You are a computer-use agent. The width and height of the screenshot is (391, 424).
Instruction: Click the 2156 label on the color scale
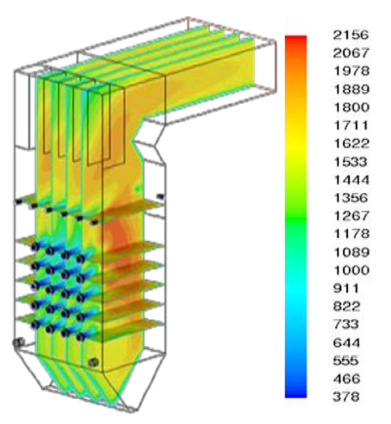coord(351,35)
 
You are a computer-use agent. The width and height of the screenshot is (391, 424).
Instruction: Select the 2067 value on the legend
coord(351,53)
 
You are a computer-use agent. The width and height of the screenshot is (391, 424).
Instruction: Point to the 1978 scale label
coord(351,71)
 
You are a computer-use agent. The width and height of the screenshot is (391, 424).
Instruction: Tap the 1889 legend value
coord(351,89)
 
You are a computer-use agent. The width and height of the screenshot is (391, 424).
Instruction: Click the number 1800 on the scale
coord(351,107)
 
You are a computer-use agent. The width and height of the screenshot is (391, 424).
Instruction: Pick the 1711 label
coord(351,125)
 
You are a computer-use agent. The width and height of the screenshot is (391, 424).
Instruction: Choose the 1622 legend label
coord(351,143)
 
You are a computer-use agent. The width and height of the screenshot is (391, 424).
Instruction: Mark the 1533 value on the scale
coord(351,162)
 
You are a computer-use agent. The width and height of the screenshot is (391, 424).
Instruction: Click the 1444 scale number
coord(351,180)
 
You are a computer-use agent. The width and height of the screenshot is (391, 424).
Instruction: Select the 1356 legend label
coord(351,198)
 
